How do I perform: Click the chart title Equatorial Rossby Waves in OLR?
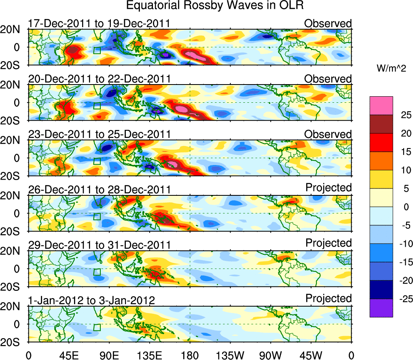point(215,6)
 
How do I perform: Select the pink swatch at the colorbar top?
point(381,106)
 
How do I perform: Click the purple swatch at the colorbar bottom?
point(381,308)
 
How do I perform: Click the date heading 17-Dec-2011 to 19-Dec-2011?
point(99,23)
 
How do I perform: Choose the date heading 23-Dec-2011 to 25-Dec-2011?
point(99,134)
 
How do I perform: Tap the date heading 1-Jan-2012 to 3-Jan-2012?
point(92,301)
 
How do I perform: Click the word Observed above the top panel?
point(328,23)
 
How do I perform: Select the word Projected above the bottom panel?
point(328,299)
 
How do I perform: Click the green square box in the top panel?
point(97,50)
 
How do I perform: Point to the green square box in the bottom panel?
point(97,327)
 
